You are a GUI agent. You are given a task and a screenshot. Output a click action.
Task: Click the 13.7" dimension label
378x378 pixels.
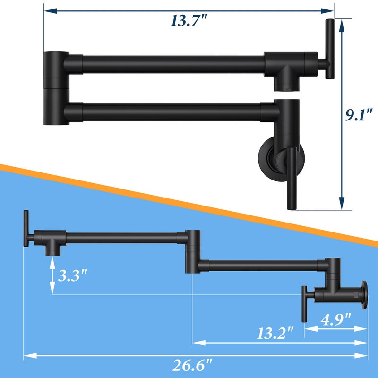click(189, 20)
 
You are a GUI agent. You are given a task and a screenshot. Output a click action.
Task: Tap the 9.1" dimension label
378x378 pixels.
click(359, 114)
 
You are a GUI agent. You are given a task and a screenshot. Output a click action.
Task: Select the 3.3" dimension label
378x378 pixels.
click(72, 275)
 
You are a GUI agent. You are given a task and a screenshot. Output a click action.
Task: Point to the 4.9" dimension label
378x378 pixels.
click(335, 319)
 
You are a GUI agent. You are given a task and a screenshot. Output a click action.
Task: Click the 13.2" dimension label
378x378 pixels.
click(275, 334)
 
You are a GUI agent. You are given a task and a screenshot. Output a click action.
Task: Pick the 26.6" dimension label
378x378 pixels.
click(192, 365)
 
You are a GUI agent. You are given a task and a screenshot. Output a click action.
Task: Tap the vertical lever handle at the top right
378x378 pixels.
click(329, 49)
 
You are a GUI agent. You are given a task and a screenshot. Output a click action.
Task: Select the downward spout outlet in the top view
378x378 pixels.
click(286, 84)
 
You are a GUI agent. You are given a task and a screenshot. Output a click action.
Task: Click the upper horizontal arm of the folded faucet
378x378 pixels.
click(173, 64)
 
